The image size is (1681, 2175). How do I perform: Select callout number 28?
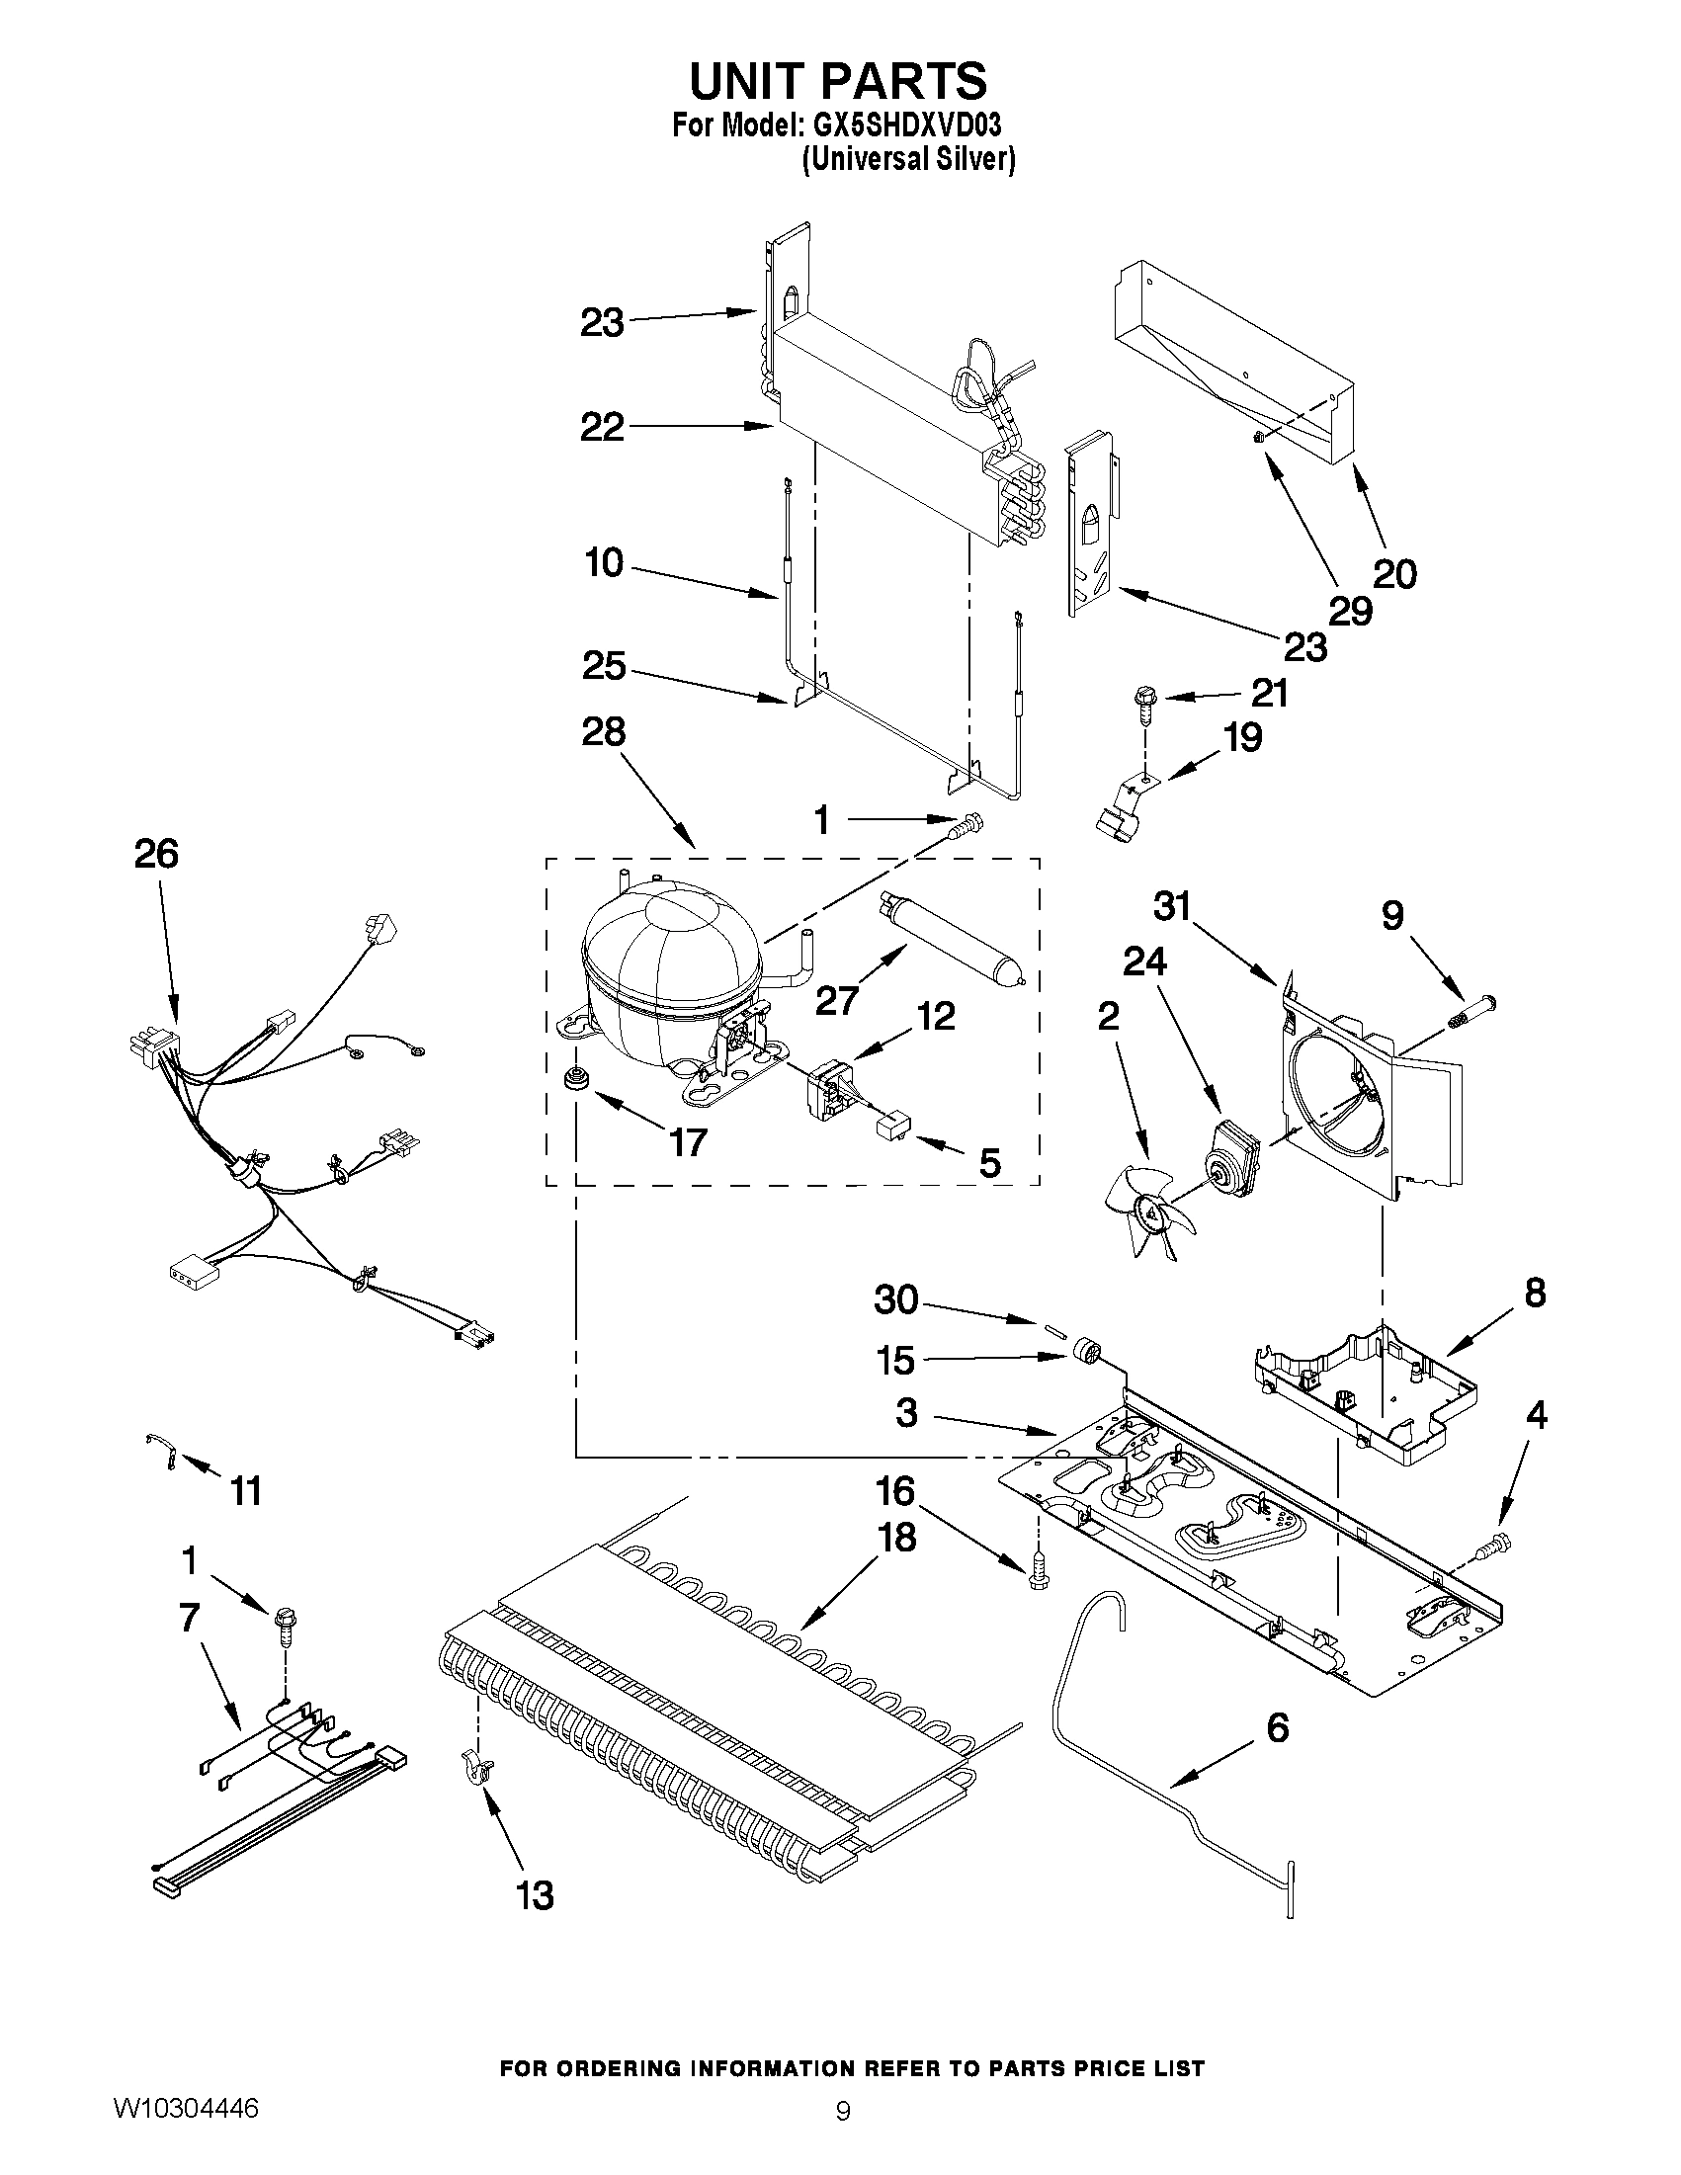coord(604,732)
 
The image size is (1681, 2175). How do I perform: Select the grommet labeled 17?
coord(574,1077)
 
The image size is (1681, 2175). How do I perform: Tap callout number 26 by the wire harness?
coord(156,854)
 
